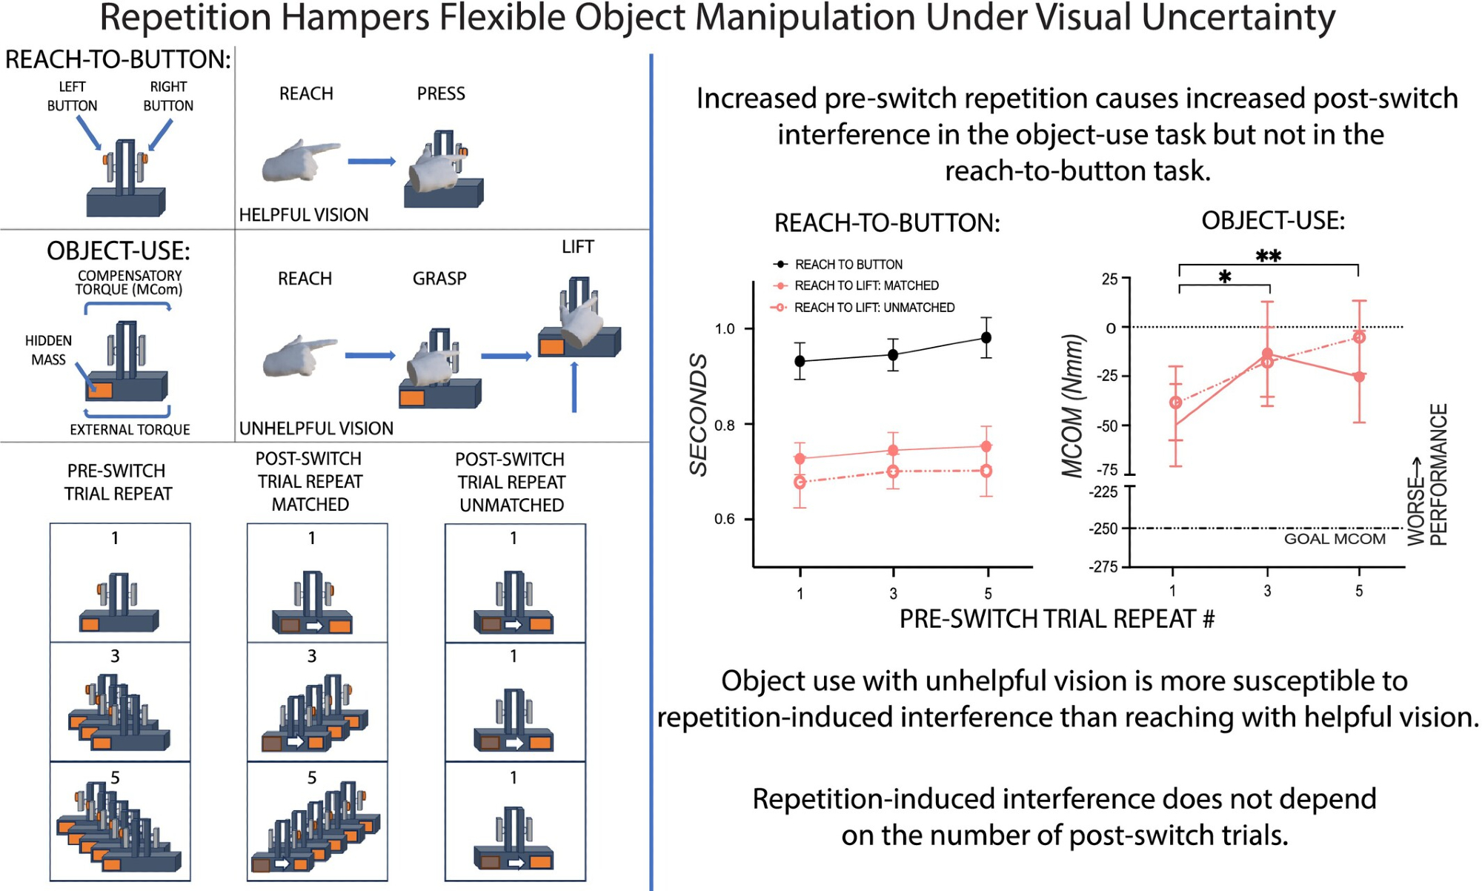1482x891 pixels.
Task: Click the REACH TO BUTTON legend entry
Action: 848,265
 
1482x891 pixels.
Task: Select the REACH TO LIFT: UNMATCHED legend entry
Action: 874,308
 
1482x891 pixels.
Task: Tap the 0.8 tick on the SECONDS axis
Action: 725,425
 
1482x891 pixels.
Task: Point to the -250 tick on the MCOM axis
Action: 1103,529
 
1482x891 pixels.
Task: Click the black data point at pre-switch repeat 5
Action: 986,338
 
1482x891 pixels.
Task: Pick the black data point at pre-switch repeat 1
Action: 800,362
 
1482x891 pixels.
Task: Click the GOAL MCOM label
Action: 1334,540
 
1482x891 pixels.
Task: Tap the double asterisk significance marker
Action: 1268,256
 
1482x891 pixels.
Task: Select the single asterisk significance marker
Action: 1225,277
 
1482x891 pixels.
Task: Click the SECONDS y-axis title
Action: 698,415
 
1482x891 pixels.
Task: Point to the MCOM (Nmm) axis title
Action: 1072,406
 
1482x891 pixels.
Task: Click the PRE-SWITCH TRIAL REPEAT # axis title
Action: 1057,619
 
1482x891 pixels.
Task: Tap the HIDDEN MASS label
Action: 48,350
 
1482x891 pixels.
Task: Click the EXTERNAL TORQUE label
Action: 130,430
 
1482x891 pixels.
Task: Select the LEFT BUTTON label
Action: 72,96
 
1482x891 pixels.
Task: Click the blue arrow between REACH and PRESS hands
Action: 371,162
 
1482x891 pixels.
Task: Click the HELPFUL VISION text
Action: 303,215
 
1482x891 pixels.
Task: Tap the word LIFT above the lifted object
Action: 577,247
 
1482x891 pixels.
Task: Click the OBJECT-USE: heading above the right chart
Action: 1272,221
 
